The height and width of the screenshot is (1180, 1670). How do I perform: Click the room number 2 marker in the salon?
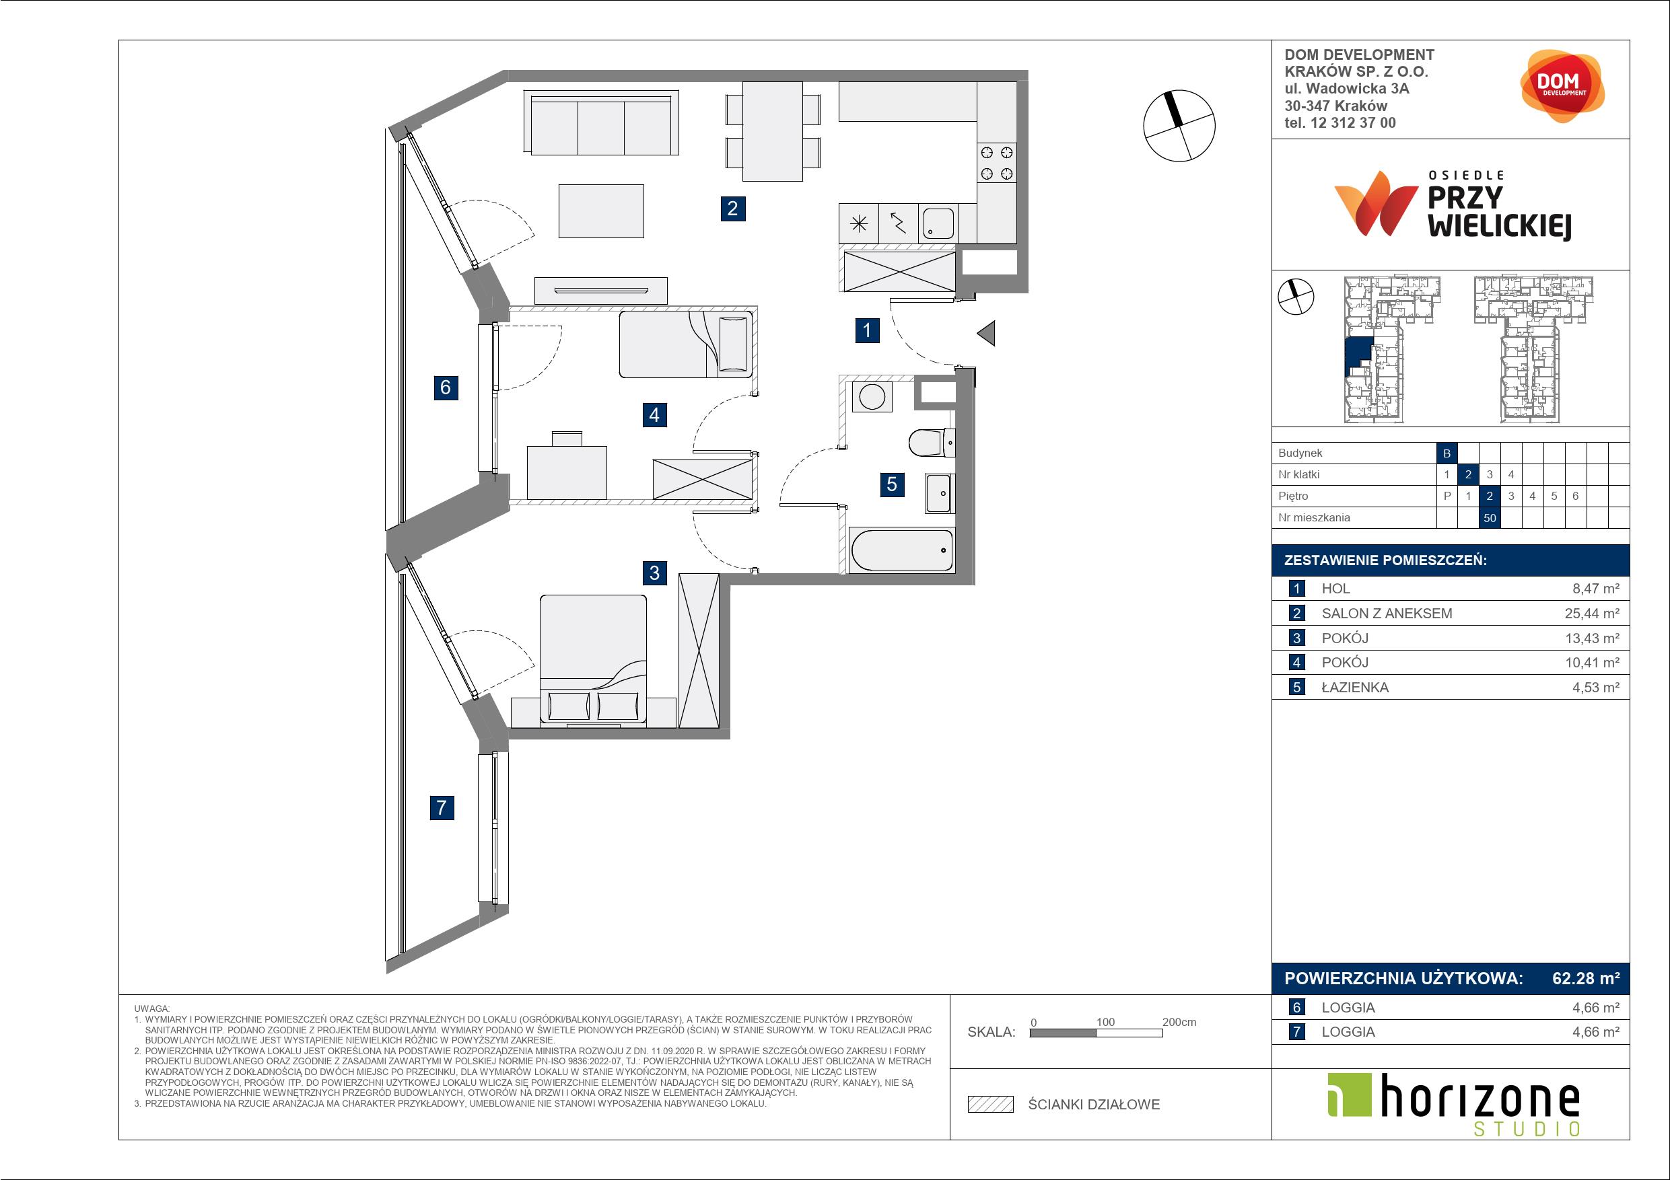click(x=732, y=209)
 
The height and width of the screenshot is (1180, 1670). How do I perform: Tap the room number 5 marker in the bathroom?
click(x=892, y=484)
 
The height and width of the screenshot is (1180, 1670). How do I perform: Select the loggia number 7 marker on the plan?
click(x=442, y=807)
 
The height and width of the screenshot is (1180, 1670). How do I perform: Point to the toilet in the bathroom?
click(x=932, y=442)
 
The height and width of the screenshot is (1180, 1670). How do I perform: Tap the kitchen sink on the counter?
click(x=938, y=223)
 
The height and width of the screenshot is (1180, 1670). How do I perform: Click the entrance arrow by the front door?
click(x=985, y=334)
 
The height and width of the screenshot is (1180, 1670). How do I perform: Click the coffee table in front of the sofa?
click(x=602, y=211)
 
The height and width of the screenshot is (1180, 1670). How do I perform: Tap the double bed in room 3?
click(x=593, y=661)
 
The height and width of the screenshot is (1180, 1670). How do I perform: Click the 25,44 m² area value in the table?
click(x=1592, y=613)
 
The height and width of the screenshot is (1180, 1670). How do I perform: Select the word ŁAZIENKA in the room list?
click(x=1355, y=687)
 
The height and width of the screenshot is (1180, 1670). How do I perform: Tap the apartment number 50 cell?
click(x=1490, y=517)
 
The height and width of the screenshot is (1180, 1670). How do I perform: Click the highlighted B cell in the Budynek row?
click(x=1447, y=453)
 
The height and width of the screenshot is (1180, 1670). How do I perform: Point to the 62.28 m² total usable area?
click(x=1586, y=978)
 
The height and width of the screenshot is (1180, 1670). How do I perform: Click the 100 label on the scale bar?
click(x=1105, y=1021)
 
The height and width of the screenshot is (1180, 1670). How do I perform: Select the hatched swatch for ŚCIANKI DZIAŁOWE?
click(x=991, y=1105)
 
